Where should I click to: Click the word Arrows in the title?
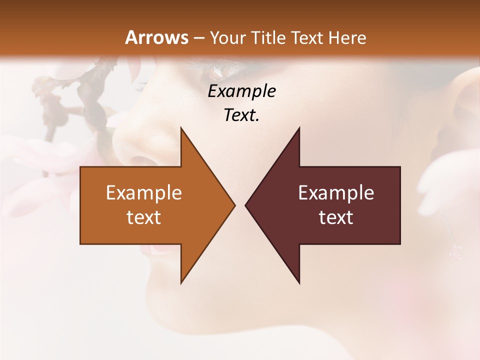(156, 37)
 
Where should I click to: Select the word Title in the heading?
(269, 38)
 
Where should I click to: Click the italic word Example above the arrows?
(241, 91)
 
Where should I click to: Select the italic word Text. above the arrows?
(241, 115)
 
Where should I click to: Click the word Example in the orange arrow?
(144, 193)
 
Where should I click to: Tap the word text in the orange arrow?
(144, 217)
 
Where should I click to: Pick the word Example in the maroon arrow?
(336, 193)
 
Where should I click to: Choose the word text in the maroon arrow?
(336, 217)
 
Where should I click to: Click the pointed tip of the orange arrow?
(234, 205)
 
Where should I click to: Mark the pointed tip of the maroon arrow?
(245, 205)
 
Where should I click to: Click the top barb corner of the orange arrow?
(181, 128)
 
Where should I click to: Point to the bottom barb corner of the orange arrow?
(181, 282)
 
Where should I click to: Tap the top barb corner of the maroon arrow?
(299, 128)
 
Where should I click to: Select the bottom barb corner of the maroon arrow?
(299, 282)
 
